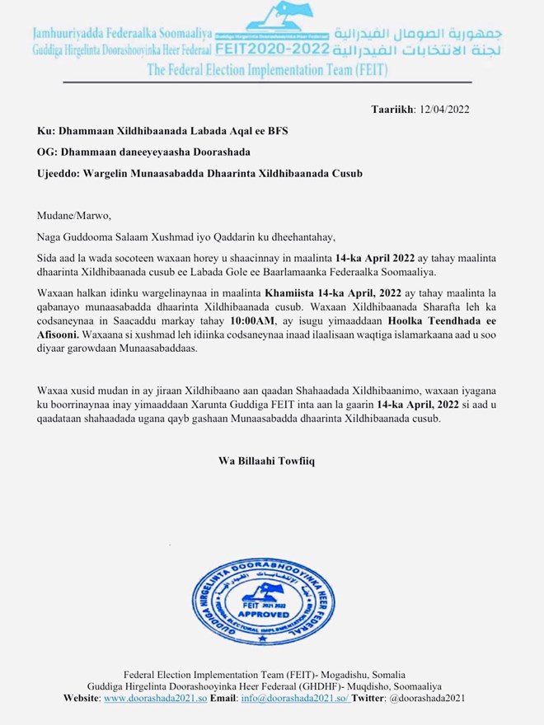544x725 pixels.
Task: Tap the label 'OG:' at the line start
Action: pyautogui.click(x=47, y=152)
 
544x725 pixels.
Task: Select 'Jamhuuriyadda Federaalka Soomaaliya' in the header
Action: pyautogui.click(x=122, y=35)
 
